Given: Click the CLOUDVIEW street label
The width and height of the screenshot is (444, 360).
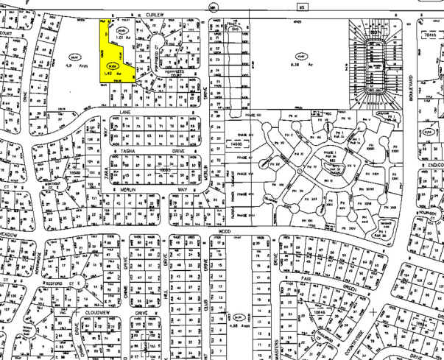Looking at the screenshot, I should tap(99, 311).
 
